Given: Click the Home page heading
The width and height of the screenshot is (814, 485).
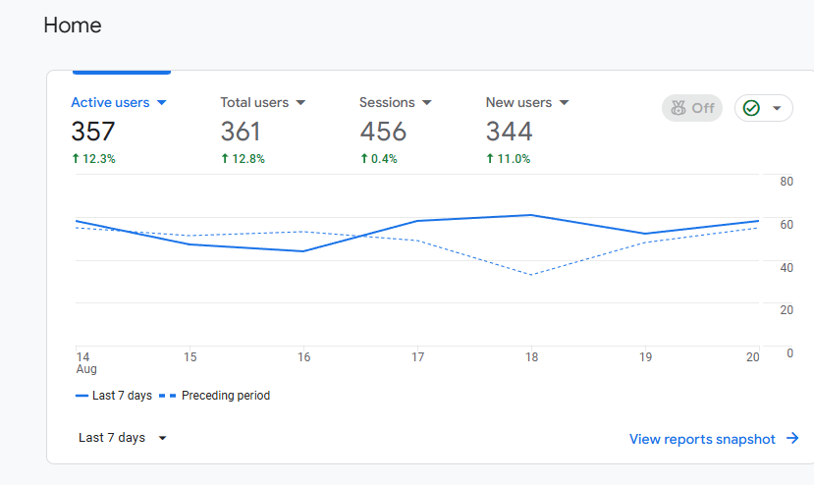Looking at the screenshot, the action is tap(72, 25).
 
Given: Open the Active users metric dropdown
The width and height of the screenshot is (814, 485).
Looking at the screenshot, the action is tap(161, 103).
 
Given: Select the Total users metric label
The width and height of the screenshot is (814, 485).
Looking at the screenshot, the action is tap(254, 102).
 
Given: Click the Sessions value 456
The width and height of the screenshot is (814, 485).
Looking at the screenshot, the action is tap(383, 132).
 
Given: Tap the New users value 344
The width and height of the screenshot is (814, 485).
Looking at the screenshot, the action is tap(510, 132).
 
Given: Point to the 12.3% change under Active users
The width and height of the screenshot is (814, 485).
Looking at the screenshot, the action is tap(93, 159).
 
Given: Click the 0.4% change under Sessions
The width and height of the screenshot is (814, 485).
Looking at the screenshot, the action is tap(379, 159).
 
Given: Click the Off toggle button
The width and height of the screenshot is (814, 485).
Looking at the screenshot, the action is tap(692, 108).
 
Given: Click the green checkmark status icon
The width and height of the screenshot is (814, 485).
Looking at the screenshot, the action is tap(751, 108).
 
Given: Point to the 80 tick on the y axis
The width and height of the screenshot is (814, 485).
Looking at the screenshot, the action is tap(787, 182).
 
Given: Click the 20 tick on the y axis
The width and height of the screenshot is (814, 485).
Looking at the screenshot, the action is tap(787, 310).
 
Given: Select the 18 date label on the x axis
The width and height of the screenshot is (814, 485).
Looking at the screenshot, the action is tap(531, 357).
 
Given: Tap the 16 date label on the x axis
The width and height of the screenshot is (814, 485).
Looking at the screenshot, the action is tap(303, 357).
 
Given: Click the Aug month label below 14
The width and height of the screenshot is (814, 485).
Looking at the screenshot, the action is tap(86, 369).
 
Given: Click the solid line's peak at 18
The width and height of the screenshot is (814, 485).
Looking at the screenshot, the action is tap(530, 215).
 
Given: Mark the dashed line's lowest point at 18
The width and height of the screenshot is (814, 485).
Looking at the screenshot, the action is tap(531, 274).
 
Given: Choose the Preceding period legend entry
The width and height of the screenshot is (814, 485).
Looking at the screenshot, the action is tap(214, 396).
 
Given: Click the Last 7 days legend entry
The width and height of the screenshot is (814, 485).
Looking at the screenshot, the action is tap(114, 396).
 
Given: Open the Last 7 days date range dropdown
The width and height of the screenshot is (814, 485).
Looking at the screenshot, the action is tap(122, 438).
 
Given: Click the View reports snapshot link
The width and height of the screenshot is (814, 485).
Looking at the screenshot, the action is tap(714, 439).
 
